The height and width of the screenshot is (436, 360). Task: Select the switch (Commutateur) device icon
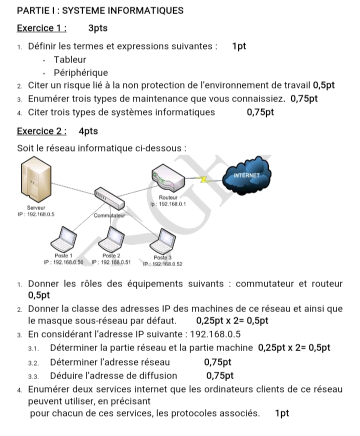[x=107, y=199]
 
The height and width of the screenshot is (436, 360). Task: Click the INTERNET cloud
[x=247, y=175]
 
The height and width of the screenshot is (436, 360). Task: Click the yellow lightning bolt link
[x=204, y=178]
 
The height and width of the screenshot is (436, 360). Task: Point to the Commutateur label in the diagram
[x=108, y=215]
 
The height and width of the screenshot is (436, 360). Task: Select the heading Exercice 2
[x=41, y=131]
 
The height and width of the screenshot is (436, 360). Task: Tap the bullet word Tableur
[x=70, y=59]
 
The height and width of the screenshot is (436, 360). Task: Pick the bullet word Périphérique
[x=81, y=72]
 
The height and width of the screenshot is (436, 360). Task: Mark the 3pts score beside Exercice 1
[x=97, y=28]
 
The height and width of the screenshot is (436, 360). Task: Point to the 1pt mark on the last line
[x=282, y=413]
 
